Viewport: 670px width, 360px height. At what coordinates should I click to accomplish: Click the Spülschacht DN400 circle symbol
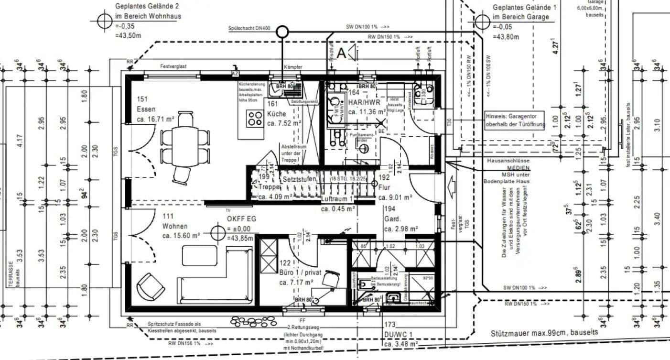tap(282, 32)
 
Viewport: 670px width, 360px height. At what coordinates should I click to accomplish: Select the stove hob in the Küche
tap(255, 118)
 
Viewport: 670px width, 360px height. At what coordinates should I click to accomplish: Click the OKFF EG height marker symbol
tap(217, 233)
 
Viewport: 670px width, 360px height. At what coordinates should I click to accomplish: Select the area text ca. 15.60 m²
tap(181, 236)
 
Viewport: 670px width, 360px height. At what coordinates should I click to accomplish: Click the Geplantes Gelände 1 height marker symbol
tap(483, 21)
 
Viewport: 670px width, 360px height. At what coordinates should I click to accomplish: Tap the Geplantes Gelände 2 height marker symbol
tap(104, 21)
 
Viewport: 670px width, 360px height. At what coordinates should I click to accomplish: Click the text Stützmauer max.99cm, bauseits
tap(544, 333)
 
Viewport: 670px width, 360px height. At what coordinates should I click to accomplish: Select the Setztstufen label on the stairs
tap(300, 179)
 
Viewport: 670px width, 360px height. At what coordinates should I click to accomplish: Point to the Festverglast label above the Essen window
tap(173, 66)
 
